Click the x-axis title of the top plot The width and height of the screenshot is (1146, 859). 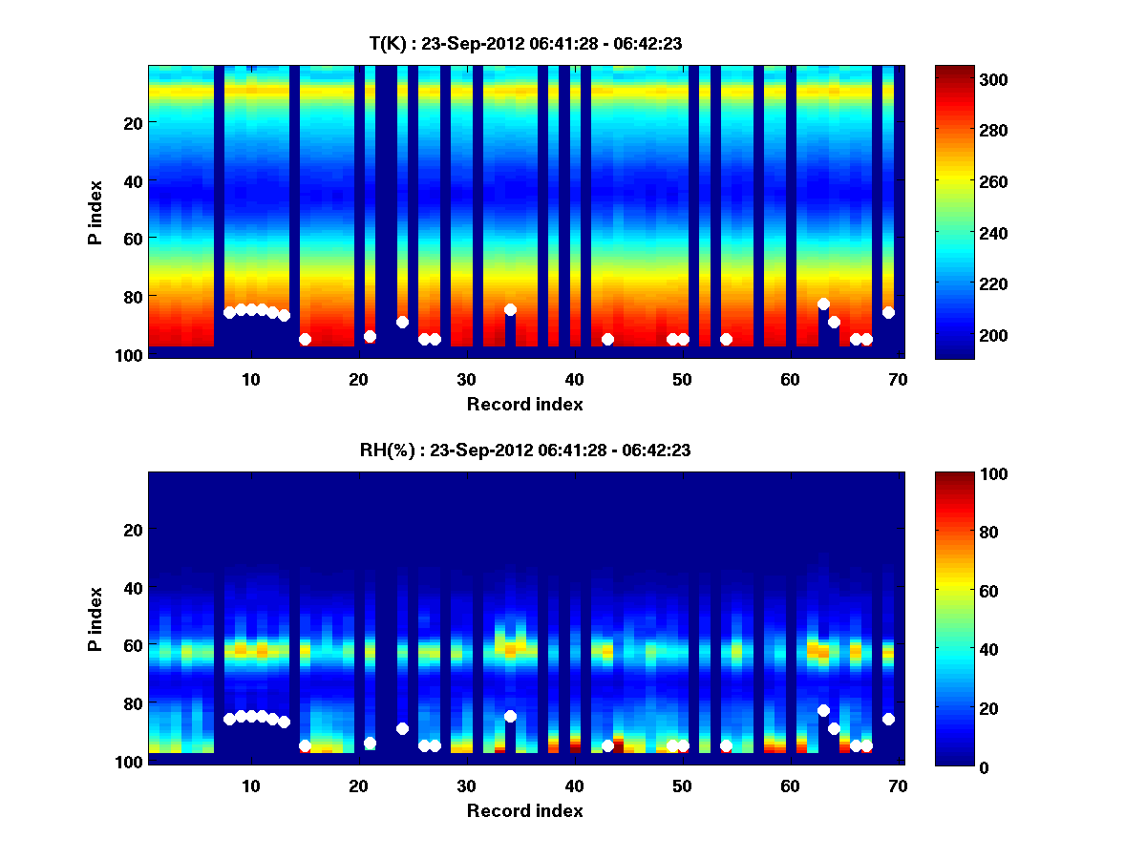[524, 404]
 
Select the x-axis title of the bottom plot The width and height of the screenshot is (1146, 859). [524, 810]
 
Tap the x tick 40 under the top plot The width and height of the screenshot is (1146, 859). [574, 378]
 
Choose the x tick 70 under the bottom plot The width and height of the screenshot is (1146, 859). [898, 786]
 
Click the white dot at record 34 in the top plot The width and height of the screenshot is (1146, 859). [510, 309]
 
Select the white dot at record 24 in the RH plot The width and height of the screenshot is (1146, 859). [402, 728]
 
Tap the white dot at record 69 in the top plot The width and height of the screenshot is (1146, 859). [888, 312]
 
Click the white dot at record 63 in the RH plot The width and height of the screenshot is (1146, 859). [823, 710]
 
